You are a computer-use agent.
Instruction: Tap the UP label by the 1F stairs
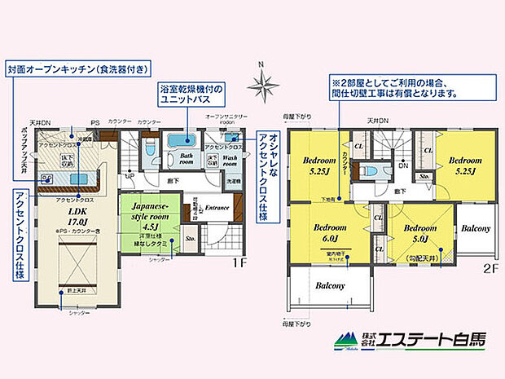coord(129,174)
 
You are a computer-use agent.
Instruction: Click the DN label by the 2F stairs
coord(402,164)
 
